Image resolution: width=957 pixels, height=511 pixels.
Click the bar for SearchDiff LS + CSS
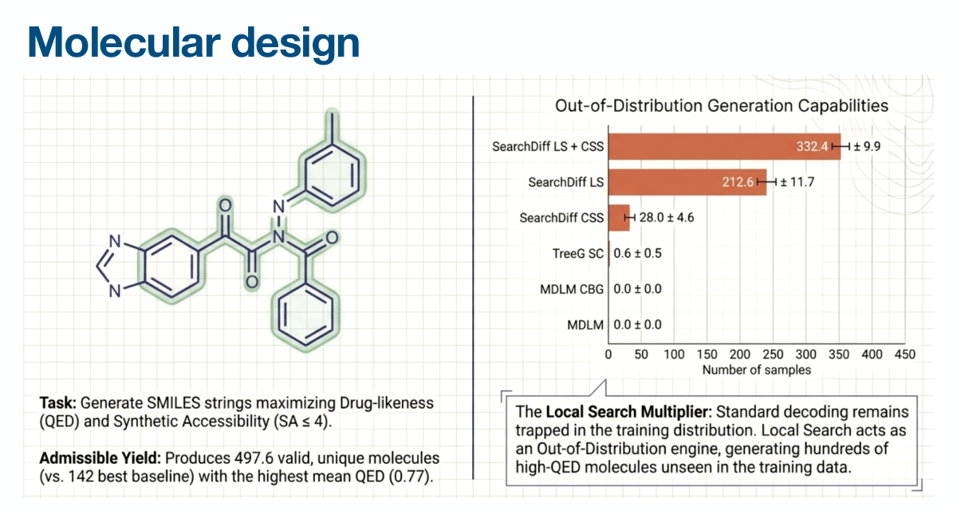[x=724, y=147]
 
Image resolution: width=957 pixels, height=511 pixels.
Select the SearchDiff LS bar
[x=687, y=182]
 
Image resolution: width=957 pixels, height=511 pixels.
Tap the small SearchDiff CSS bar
[x=619, y=218]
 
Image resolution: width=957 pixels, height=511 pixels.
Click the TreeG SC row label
[x=578, y=254]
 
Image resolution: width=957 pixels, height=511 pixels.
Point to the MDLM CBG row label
[x=572, y=290]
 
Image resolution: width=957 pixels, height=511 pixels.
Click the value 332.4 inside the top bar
[x=812, y=147]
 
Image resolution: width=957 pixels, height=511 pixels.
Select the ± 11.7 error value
[x=797, y=182]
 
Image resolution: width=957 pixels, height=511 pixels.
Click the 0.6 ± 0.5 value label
[x=637, y=254]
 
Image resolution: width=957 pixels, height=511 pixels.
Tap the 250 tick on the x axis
[x=773, y=355]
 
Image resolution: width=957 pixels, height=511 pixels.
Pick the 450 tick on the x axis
[x=905, y=355]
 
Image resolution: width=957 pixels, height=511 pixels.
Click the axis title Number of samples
[x=757, y=370]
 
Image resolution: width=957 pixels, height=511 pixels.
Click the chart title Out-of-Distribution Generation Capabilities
[x=722, y=105]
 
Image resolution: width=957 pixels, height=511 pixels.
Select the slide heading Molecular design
[x=194, y=43]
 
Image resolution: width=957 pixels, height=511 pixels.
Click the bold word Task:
[x=57, y=403]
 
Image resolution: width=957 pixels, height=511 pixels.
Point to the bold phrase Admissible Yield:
[x=100, y=458]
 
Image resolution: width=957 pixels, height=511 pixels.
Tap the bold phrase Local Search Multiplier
[x=627, y=412]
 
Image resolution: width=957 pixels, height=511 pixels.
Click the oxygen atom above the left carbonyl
[x=225, y=206]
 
